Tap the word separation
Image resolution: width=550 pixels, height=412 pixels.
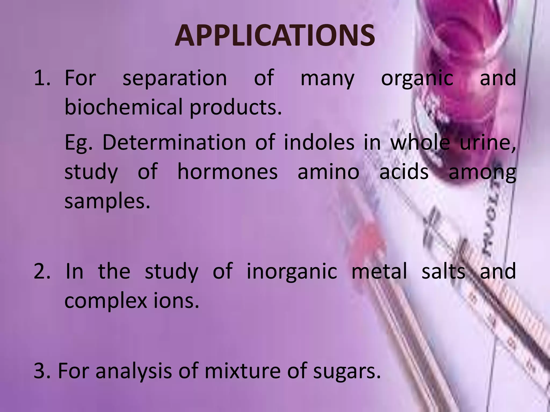pyautogui.click(x=175, y=78)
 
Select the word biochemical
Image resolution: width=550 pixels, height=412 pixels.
pyautogui.click(x=124, y=107)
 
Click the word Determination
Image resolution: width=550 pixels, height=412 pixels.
pyautogui.click(x=174, y=142)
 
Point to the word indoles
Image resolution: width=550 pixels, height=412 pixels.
pyautogui.click(x=319, y=142)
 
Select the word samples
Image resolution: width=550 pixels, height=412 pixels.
pyautogui.click(x=107, y=202)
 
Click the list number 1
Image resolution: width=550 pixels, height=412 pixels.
pyautogui.click(x=42, y=78)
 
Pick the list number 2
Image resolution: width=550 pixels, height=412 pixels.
pyautogui.click(x=42, y=271)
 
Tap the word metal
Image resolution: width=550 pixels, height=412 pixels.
pyautogui.click(x=379, y=271)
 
